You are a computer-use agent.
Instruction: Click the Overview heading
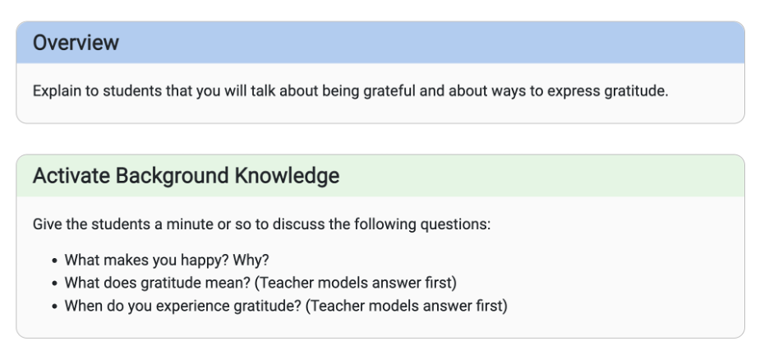coord(76,43)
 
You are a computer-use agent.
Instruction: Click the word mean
coord(233,283)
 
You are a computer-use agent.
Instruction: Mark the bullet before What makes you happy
coord(54,261)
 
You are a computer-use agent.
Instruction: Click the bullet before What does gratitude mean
coord(54,284)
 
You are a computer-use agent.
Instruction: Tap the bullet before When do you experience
coord(54,307)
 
